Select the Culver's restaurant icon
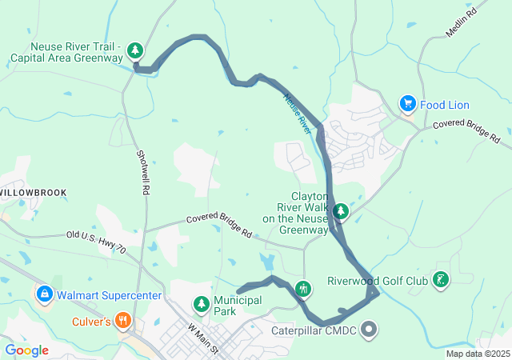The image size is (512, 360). tap(122, 322)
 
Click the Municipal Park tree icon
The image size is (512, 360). tap(201, 304)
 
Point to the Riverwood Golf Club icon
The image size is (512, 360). tap(440, 280)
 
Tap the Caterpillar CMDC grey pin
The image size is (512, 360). tap(369, 328)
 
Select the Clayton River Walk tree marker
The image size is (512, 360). tap(342, 211)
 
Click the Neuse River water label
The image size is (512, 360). tap(297, 113)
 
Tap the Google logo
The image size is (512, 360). tap(26, 350)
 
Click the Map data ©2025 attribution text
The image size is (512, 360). tap(478, 354)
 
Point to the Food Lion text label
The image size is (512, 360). tap(446, 105)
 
